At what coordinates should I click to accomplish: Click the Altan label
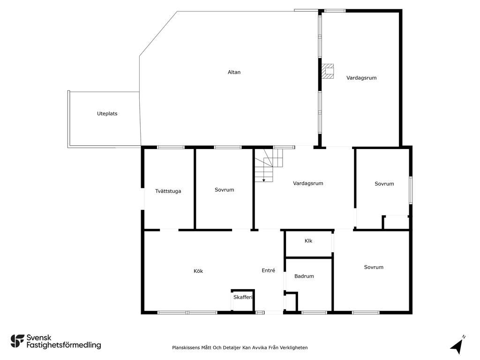tap(234, 72)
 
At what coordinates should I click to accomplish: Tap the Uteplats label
tap(107, 113)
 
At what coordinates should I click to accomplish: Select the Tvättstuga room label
tap(168, 191)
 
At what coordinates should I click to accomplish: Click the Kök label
tap(198, 271)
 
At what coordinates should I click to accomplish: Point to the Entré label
tap(269, 270)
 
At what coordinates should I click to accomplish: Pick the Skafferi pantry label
tap(243, 297)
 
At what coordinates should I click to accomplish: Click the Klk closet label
tap(308, 241)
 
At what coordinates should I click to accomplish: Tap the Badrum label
tap(304, 276)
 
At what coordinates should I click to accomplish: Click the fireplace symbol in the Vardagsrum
tap(327, 71)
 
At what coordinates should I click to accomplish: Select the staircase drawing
tap(269, 165)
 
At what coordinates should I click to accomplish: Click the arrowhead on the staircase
tap(263, 180)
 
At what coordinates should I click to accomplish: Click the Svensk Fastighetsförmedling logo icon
tap(17, 341)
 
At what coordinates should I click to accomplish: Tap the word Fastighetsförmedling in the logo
tap(64, 345)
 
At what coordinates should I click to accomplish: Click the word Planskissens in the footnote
tap(186, 347)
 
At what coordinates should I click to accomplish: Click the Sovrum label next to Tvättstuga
tap(225, 190)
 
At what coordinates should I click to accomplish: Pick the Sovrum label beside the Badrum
tap(374, 267)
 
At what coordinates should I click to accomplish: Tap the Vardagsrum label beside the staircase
tap(308, 183)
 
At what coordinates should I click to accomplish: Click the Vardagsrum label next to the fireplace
tap(361, 78)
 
